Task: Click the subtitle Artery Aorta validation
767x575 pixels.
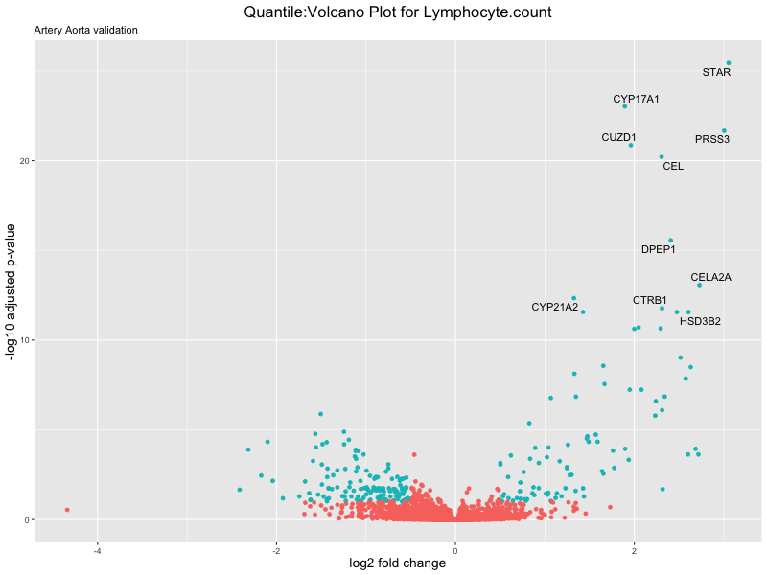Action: pyautogui.click(x=85, y=30)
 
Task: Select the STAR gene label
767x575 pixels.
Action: pyautogui.click(x=716, y=72)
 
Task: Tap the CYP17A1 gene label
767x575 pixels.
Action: pyautogui.click(x=636, y=99)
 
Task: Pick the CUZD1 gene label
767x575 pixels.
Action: pyautogui.click(x=618, y=137)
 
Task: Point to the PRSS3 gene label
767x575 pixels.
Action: pyautogui.click(x=712, y=139)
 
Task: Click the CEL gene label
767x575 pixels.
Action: pyautogui.click(x=673, y=166)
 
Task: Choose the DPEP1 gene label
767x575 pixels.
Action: pyautogui.click(x=659, y=249)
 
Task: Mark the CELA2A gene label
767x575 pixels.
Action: pyautogui.click(x=710, y=277)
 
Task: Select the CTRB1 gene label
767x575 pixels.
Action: pyautogui.click(x=650, y=300)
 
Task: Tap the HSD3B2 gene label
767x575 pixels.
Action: pyautogui.click(x=700, y=321)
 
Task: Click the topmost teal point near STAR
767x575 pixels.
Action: pyautogui.click(x=729, y=63)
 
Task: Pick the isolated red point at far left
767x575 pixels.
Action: pyautogui.click(x=67, y=510)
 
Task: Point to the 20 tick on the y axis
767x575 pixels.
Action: pyautogui.click(x=24, y=161)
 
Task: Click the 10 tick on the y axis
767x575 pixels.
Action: pyautogui.click(x=24, y=340)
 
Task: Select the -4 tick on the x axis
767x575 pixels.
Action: pyautogui.click(x=97, y=549)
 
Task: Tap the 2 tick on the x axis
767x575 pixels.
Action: pyautogui.click(x=634, y=549)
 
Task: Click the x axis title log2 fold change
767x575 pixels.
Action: pyautogui.click(x=398, y=563)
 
